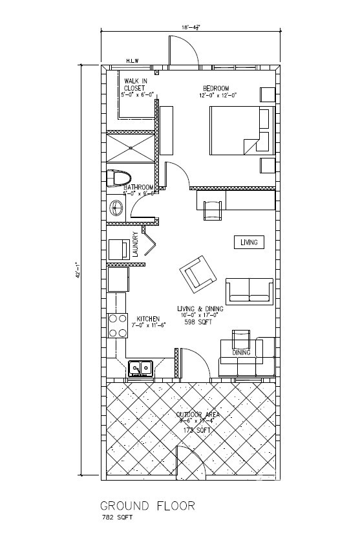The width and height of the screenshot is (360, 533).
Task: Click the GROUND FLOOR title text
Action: point(147,505)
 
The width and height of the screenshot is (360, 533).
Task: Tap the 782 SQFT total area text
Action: point(117,519)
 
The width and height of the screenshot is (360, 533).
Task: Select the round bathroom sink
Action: point(118,208)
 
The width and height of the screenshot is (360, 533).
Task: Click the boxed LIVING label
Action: point(249,243)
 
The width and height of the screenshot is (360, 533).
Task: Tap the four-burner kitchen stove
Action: point(118,325)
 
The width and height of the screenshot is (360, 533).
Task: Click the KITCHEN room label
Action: point(148,318)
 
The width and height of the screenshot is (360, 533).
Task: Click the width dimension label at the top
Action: point(191,27)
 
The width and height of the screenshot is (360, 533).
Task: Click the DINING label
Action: point(242,353)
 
